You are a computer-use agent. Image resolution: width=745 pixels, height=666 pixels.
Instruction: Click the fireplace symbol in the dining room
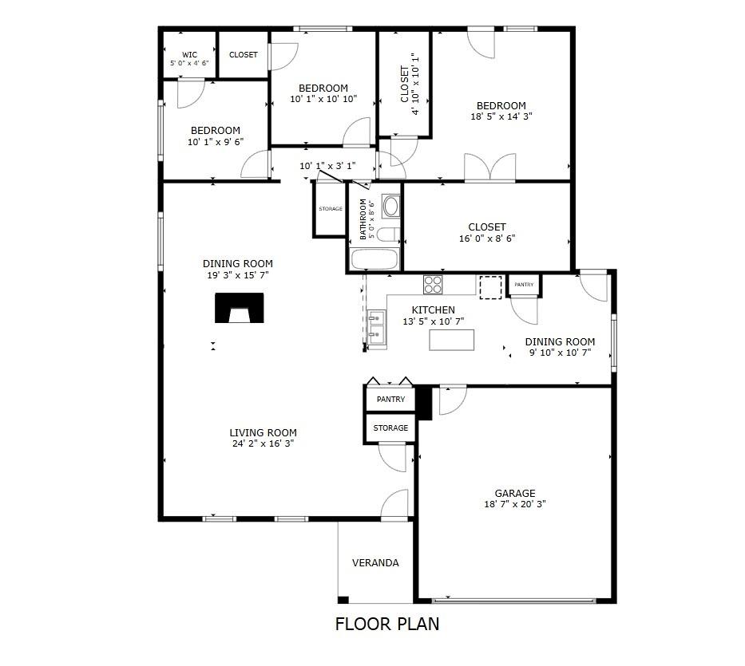tap(239, 308)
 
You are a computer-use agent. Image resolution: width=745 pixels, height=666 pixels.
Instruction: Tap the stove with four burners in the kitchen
tap(433, 285)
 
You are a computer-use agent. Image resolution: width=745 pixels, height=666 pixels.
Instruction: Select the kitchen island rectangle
tap(451, 340)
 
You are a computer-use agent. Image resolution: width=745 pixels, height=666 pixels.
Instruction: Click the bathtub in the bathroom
tap(374, 259)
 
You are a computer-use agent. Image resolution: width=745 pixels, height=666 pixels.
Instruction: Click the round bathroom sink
tap(391, 206)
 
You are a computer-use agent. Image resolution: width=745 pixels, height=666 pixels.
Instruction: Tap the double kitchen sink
tap(377, 328)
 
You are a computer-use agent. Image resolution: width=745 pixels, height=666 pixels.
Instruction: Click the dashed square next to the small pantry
tap(490, 288)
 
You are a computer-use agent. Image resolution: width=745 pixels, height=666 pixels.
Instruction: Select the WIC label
tap(189, 54)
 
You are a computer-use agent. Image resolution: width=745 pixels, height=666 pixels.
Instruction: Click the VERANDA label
tap(375, 563)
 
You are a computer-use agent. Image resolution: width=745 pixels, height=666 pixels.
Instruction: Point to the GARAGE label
tap(515, 493)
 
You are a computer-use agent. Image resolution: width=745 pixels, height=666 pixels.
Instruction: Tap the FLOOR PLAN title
tap(387, 624)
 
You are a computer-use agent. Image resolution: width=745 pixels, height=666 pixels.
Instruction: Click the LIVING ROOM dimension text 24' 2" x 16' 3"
tap(264, 443)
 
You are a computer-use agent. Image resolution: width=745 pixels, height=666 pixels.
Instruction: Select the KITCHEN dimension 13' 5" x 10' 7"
tap(434, 321)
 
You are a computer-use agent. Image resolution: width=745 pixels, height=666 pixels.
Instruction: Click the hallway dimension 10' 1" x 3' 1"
tap(327, 166)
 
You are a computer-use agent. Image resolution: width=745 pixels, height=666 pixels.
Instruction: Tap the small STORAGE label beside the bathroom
tap(331, 209)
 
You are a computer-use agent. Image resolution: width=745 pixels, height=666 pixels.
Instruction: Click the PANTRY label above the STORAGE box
tap(391, 400)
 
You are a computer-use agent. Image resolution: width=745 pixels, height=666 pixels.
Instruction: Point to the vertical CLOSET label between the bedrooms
tap(405, 84)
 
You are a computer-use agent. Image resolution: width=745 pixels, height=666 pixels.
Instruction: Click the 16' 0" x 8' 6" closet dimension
tap(487, 238)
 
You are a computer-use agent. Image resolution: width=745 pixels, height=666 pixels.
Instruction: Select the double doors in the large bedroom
tap(489, 167)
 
